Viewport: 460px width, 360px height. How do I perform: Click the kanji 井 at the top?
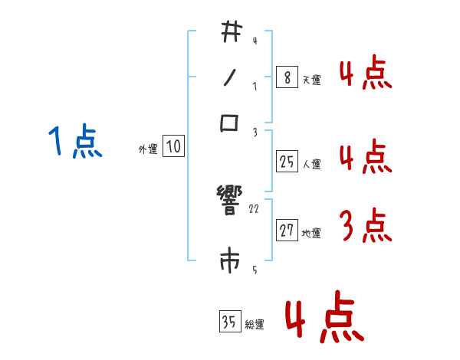[x=230, y=33]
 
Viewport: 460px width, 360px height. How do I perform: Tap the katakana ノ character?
[x=230, y=77]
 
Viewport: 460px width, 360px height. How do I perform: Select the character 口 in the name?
[x=230, y=123]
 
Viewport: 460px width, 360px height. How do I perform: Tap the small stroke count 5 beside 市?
[x=255, y=270]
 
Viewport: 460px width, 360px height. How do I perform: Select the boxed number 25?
[x=287, y=161]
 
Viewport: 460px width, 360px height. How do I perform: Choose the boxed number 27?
[x=287, y=230]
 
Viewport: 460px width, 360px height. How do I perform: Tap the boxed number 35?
[x=229, y=322]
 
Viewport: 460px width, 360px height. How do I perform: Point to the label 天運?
[x=311, y=80]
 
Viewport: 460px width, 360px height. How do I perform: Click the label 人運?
[x=311, y=164]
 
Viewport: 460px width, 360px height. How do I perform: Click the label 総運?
[x=255, y=325]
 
